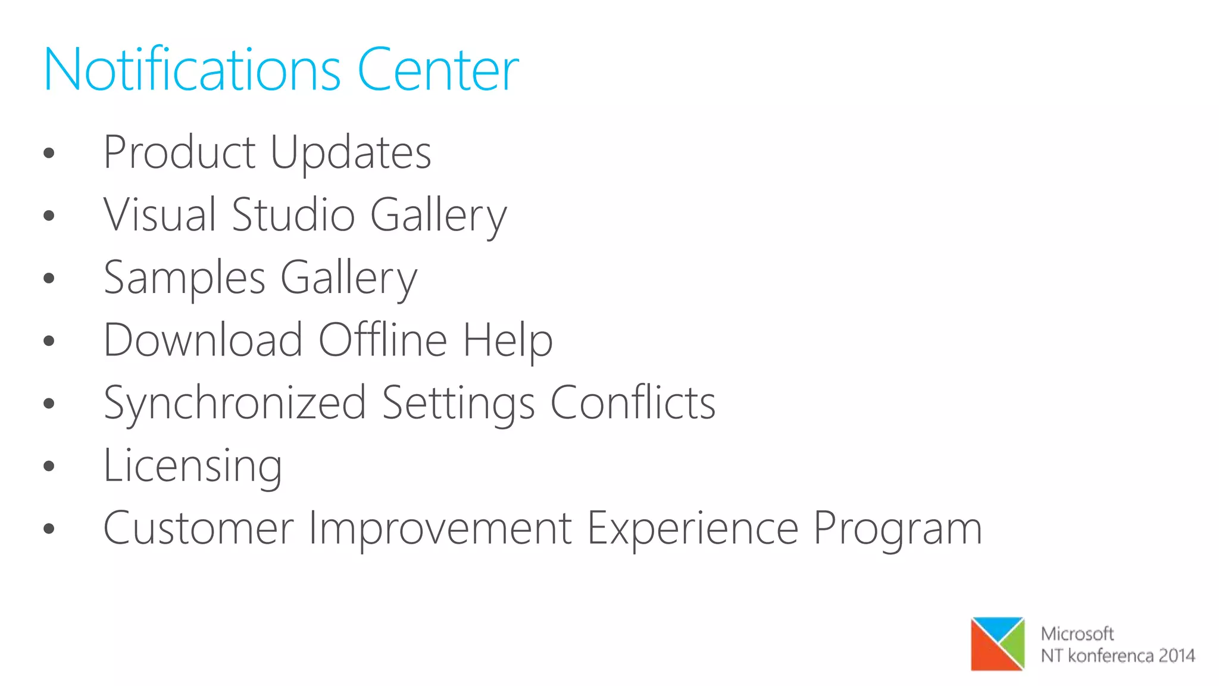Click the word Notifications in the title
(192, 70)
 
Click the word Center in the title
(437, 70)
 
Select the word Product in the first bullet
(179, 152)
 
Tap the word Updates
(351, 154)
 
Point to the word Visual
(160, 215)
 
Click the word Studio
(293, 215)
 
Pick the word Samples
(185, 278)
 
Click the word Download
(203, 340)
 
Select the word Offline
(383, 340)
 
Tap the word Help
(508, 341)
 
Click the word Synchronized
(235, 404)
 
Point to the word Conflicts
(633, 403)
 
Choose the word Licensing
(193, 466)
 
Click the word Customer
(199, 528)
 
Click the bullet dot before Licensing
(49, 466)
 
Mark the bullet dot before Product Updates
(49, 153)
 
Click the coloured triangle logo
(998, 644)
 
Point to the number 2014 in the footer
(1176, 656)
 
